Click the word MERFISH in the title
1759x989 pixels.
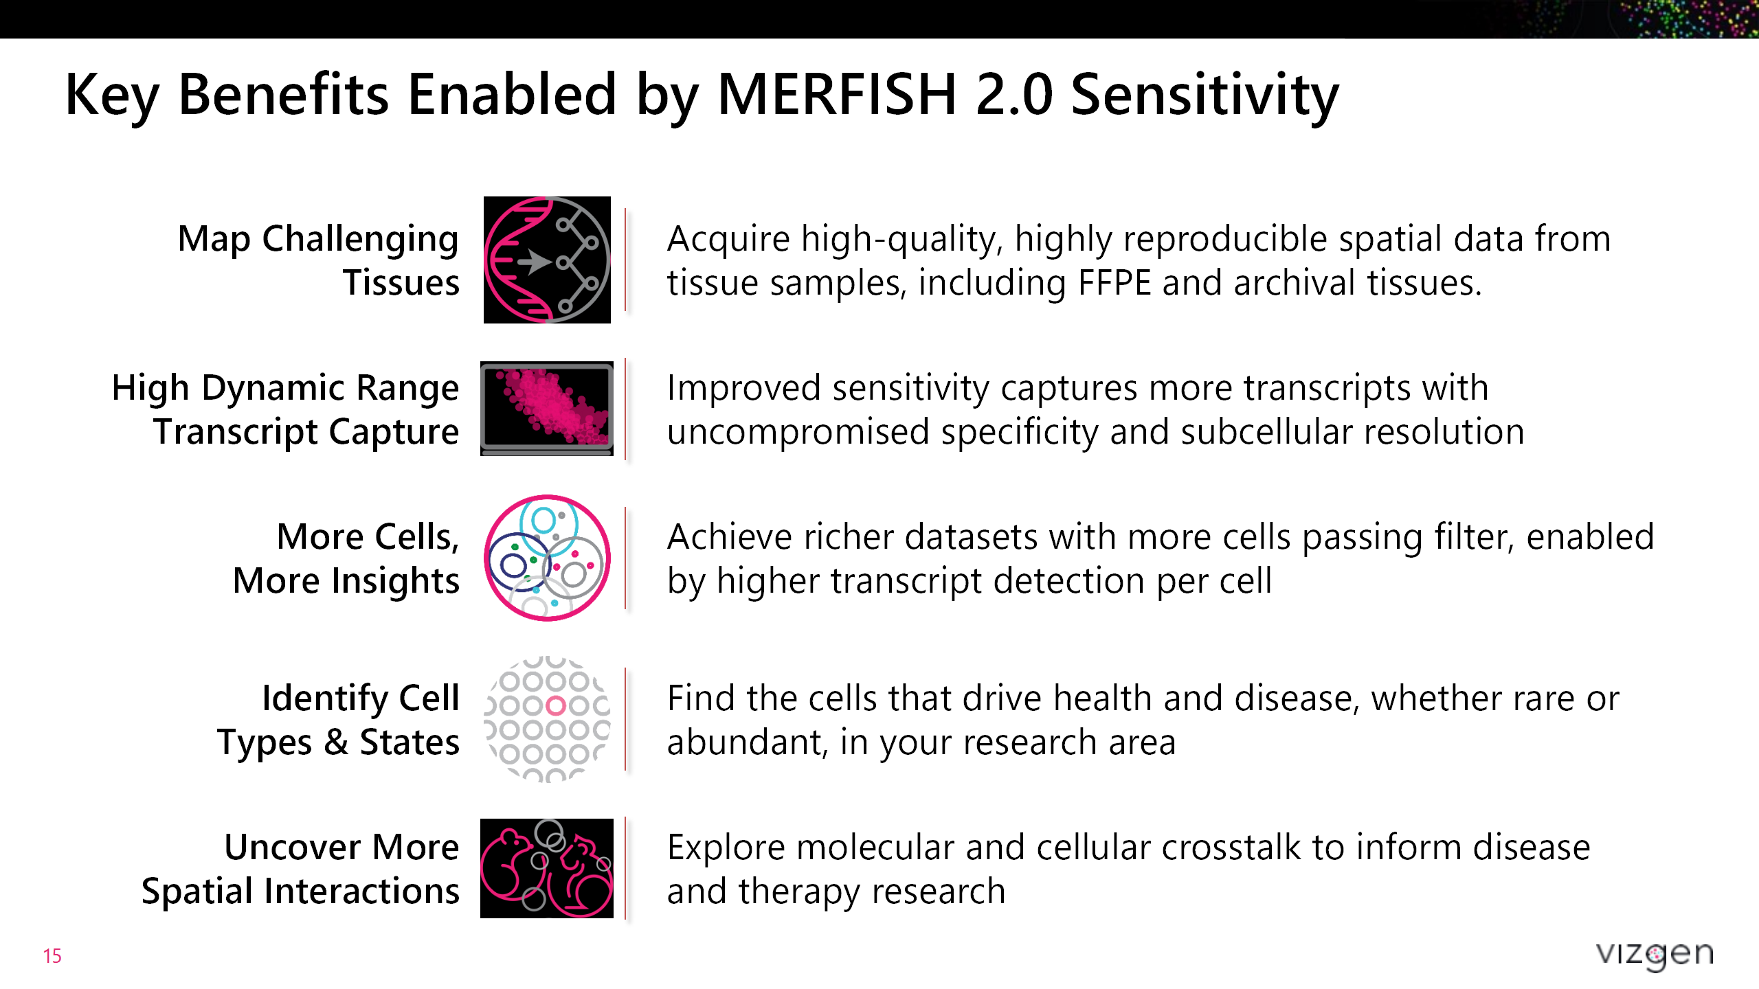click(x=836, y=94)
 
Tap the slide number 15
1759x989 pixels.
click(x=52, y=955)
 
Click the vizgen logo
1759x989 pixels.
click(x=1654, y=954)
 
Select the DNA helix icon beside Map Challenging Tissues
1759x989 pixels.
click(x=547, y=260)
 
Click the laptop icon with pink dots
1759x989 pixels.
click(x=547, y=409)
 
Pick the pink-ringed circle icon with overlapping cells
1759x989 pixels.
click(x=547, y=558)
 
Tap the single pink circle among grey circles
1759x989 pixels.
click(x=555, y=705)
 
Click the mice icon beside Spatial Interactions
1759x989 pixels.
click(x=547, y=868)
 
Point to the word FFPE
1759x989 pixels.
click(x=1114, y=283)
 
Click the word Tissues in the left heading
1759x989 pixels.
click(x=401, y=283)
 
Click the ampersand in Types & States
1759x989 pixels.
click(x=336, y=742)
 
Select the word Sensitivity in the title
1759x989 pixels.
click(x=1205, y=94)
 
